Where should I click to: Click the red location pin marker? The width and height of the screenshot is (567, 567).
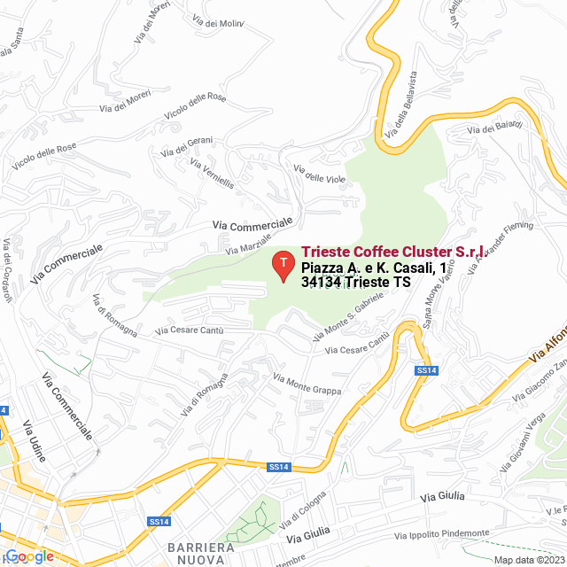(x=283, y=264)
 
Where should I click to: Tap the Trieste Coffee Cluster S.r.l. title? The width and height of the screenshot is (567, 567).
(x=392, y=252)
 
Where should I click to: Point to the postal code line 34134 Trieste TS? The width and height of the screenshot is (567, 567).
(x=356, y=283)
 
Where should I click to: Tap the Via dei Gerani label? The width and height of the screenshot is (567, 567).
(x=187, y=146)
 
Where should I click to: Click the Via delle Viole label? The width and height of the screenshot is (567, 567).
(x=319, y=174)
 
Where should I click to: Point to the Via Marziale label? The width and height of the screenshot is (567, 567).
(x=249, y=239)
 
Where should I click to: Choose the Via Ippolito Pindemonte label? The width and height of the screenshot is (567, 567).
(x=442, y=534)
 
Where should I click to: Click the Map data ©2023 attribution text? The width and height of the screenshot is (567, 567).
(x=529, y=560)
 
